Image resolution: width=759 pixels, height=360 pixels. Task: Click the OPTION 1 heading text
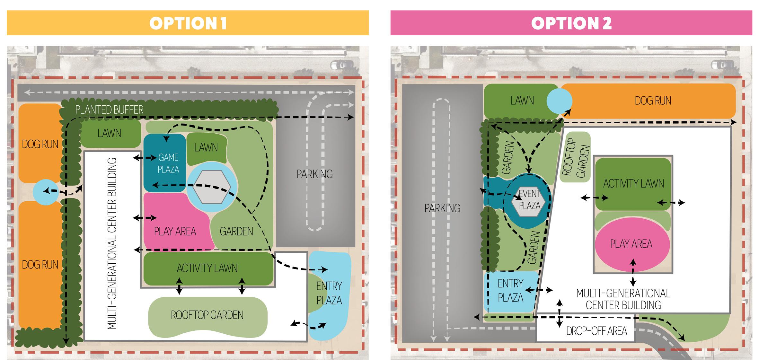(x=188, y=23)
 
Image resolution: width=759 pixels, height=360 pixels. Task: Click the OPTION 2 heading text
(x=571, y=23)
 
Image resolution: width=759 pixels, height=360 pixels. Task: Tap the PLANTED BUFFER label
(x=109, y=110)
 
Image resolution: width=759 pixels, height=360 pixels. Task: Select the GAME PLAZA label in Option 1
(x=168, y=163)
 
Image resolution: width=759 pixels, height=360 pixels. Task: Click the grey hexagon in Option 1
(x=212, y=187)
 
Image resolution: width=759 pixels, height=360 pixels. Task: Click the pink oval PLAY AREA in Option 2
(x=631, y=244)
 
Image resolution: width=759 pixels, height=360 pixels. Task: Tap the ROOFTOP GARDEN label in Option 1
(x=207, y=315)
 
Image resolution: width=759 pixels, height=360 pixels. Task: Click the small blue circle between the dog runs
(x=46, y=192)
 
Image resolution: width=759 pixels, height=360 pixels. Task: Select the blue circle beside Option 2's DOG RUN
(x=559, y=101)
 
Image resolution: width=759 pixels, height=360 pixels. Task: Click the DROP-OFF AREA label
(x=596, y=331)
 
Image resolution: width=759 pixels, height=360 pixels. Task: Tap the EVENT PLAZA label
(x=530, y=199)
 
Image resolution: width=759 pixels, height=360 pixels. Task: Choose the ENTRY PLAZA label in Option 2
(x=510, y=291)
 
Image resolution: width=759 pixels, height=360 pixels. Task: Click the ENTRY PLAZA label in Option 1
(x=329, y=293)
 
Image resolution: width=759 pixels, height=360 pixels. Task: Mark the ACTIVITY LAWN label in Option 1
(x=207, y=268)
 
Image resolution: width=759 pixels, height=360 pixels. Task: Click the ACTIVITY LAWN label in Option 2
(x=633, y=184)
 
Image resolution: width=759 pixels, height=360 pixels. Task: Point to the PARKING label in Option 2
(x=442, y=208)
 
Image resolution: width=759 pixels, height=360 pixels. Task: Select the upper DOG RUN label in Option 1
(x=40, y=144)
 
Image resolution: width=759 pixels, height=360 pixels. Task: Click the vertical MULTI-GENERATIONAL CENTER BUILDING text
(x=111, y=243)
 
